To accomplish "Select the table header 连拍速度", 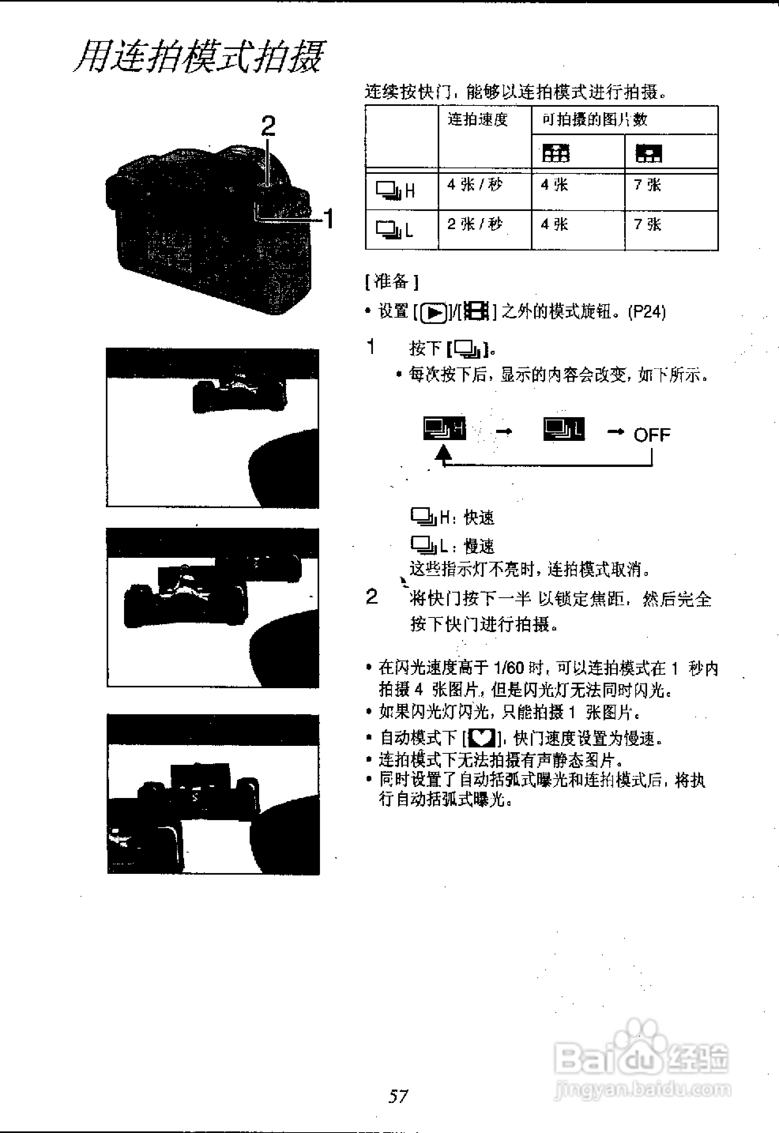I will click(x=477, y=120).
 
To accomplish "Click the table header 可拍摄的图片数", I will click(x=595, y=120).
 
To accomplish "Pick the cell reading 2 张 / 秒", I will click(x=474, y=224).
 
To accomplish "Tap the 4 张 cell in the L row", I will click(x=554, y=224).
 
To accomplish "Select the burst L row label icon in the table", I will click(x=394, y=230).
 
